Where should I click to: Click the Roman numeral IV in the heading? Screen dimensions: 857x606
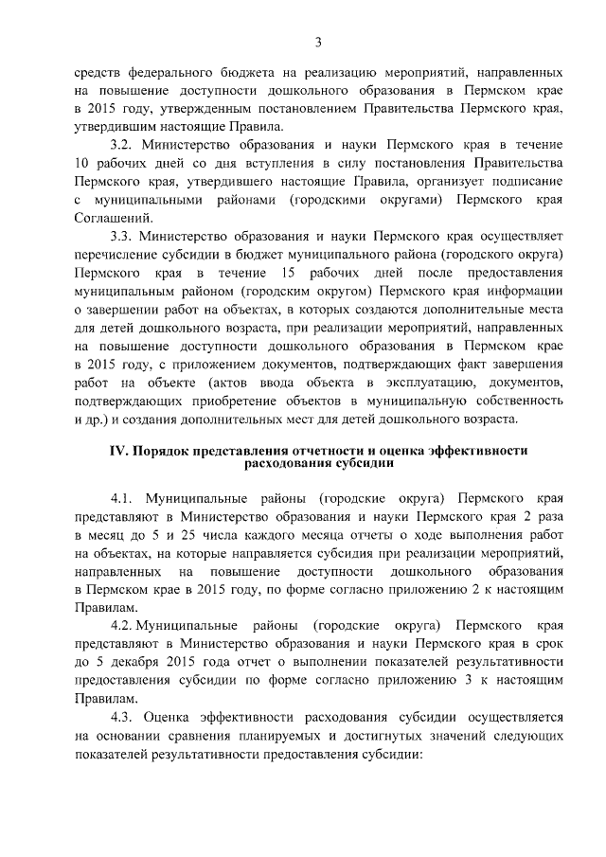[x=112, y=452]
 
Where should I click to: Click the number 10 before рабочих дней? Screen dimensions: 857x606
[x=81, y=164]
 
